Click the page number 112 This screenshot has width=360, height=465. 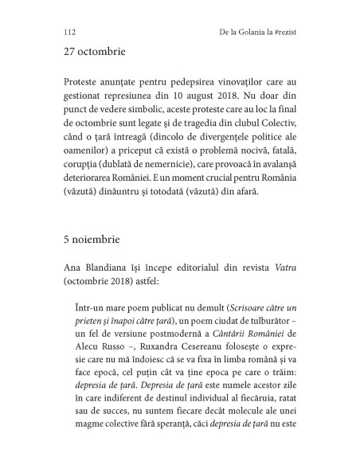pyautogui.click(x=68, y=32)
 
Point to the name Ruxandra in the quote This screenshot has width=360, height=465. pyautogui.click(x=175, y=322)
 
